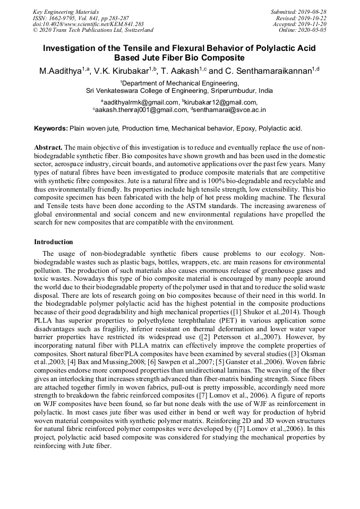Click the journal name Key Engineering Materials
[66, 12]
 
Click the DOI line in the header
[88, 24]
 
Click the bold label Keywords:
[51, 128]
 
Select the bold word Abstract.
[48, 147]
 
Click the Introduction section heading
[54, 242]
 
